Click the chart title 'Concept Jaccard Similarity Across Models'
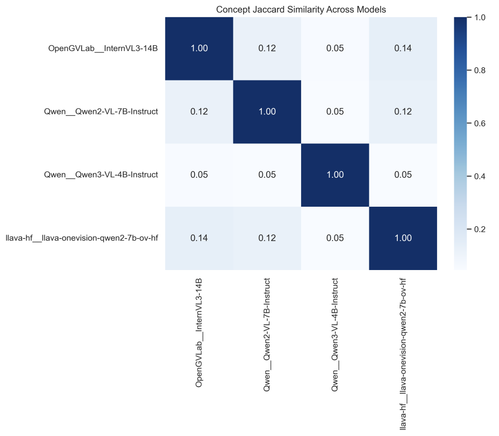point(301,9)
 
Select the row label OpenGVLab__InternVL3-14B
point(103,48)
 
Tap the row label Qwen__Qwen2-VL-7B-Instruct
point(101,111)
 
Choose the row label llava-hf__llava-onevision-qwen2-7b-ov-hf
point(82,239)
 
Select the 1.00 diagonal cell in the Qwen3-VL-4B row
point(335,175)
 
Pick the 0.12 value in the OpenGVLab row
point(267,48)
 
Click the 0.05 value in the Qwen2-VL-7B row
point(335,111)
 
